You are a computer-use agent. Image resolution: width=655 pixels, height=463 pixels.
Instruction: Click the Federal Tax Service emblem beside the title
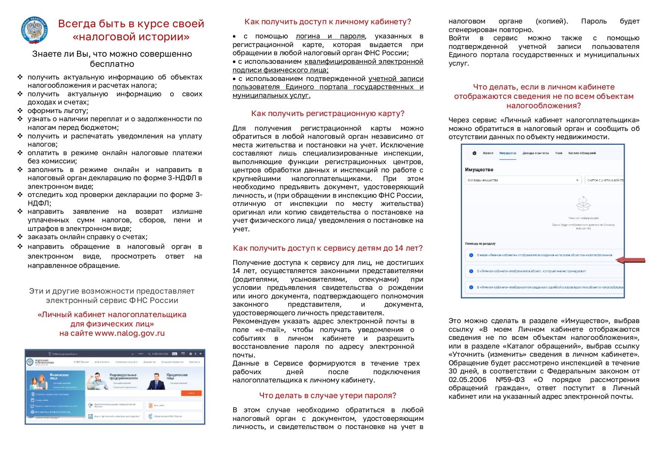click(x=35, y=30)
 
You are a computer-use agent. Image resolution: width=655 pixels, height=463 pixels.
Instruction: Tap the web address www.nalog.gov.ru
click(x=130, y=333)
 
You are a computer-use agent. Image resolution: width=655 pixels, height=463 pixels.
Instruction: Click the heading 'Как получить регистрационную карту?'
click(x=328, y=113)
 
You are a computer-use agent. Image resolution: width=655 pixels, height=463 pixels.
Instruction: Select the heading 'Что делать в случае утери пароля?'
click(x=328, y=395)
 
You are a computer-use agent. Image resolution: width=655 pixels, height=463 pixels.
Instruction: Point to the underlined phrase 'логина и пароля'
click(x=330, y=36)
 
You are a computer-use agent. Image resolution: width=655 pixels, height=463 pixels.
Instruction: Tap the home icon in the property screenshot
click(x=474, y=153)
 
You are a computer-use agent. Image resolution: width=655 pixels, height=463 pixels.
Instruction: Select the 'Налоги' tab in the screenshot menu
click(x=488, y=153)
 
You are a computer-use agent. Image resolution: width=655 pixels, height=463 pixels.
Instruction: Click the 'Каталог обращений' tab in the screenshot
click(x=582, y=153)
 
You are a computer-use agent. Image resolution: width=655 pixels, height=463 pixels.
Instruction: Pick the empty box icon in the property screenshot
click(x=583, y=204)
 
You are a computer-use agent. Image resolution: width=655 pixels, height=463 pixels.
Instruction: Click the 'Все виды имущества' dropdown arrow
click(x=577, y=180)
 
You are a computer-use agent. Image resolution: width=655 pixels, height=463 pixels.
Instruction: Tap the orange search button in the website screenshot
click(x=191, y=393)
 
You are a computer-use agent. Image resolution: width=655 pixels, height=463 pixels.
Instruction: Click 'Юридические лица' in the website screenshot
click(x=177, y=376)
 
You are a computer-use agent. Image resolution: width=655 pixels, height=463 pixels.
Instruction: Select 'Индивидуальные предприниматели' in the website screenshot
click(x=123, y=376)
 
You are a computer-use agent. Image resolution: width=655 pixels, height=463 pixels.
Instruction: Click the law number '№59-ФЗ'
click(x=510, y=380)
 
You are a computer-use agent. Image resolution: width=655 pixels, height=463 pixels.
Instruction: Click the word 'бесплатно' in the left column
click(x=112, y=64)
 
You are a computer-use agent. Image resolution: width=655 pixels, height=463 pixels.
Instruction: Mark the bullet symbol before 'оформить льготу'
click(x=20, y=110)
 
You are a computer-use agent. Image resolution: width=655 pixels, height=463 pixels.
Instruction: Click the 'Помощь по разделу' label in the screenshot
click(x=480, y=244)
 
